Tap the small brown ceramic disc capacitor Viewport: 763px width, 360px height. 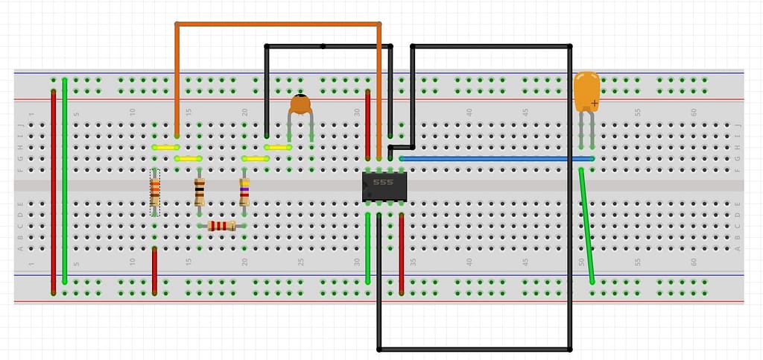coord(300,104)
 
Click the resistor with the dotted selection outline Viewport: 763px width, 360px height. coord(154,192)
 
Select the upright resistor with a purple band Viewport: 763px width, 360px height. coord(244,192)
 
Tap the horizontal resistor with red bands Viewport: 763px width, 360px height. coord(221,226)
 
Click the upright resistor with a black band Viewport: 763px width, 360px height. coord(199,192)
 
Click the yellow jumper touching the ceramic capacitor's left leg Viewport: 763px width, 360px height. coord(277,148)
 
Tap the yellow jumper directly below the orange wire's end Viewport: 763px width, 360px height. coord(165,148)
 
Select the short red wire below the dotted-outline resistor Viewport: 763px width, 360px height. coord(154,271)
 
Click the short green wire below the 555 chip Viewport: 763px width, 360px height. coord(367,249)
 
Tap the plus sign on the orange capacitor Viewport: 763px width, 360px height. coord(594,102)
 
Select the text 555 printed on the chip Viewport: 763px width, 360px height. coord(383,182)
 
